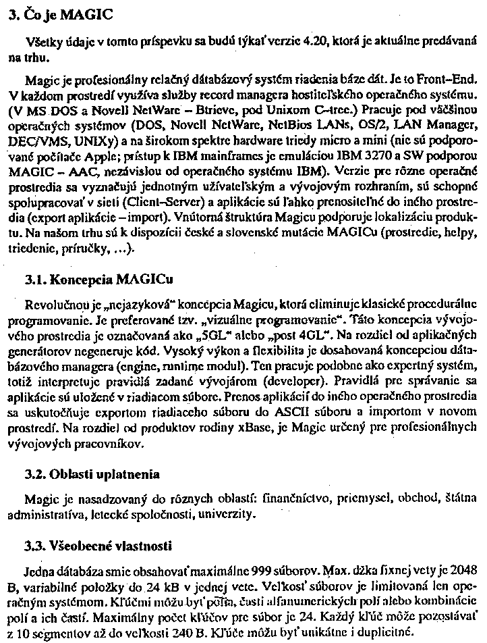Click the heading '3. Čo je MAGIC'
57,13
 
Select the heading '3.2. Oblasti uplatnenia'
91,473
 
